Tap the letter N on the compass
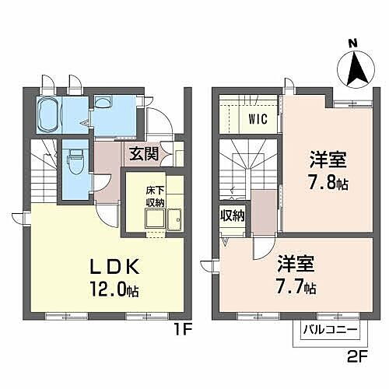(x=352, y=44)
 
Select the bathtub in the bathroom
(x=49, y=117)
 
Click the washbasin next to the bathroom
(x=105, y=107)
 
